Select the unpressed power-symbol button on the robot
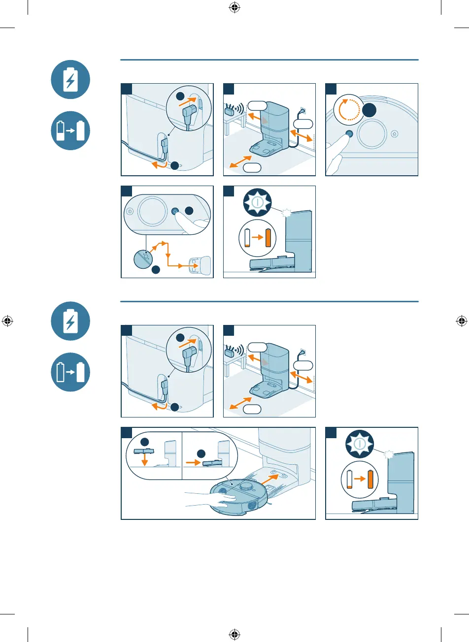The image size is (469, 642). pyautogui.click(x=129, y=211)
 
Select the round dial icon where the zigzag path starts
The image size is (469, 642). pyautogui.click(x=146, y=257)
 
